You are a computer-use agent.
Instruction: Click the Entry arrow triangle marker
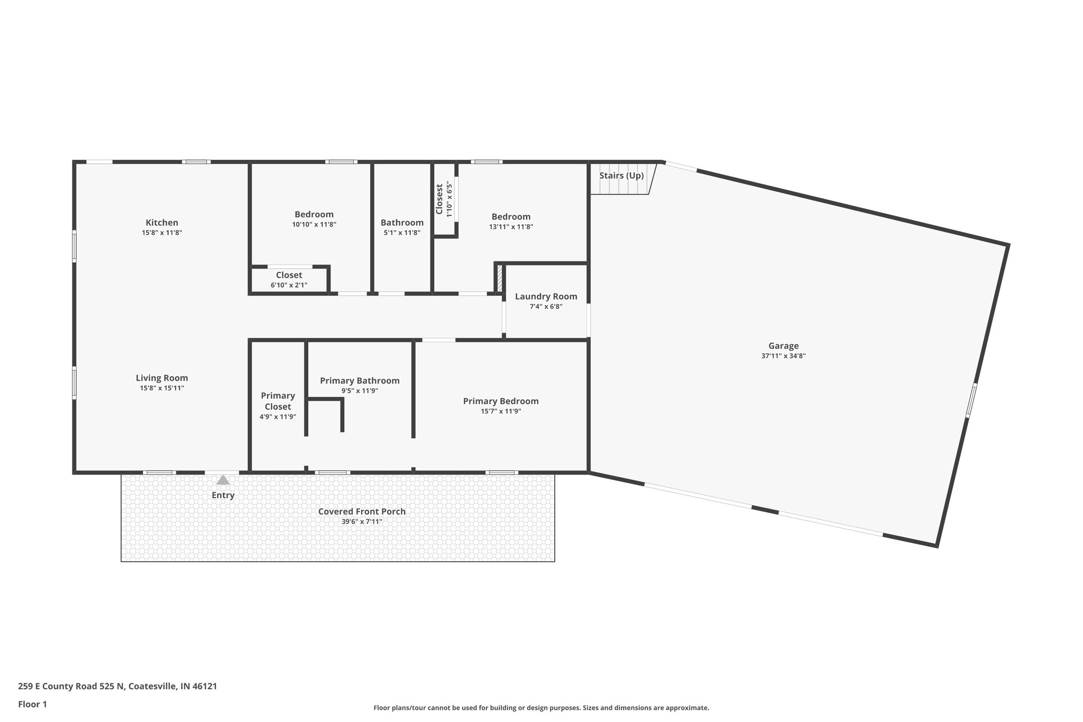tap(223, 480)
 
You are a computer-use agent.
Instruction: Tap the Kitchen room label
tap(162, 223)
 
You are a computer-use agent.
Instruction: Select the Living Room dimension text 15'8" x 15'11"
tap(162, 388)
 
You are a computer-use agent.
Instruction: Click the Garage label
tap(783, 346)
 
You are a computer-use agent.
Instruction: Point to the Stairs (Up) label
tap(621, 176)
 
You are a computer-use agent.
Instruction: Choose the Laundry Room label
tap(546, 297)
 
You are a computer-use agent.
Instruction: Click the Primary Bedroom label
tap(501, 401)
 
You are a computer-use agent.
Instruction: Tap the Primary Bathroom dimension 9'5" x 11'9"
tap(360, 391)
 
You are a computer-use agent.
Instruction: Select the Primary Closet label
tap(278, 401)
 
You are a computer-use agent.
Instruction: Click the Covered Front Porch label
tap(362, 511)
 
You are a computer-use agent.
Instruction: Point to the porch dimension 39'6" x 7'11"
tap(362, 522)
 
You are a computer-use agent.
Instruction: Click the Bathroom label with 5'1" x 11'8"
tap(402, 223)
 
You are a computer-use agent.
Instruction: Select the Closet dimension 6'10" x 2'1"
tap(289, 286)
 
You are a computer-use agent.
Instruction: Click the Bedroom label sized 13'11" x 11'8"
tap(511, 217)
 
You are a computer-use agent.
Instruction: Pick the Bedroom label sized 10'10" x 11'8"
tap(314, 215)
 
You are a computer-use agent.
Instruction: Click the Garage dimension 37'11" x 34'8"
tap(783, 357)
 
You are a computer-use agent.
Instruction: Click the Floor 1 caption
tap(33, 705)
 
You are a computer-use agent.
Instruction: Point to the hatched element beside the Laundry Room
tap(499, 278)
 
